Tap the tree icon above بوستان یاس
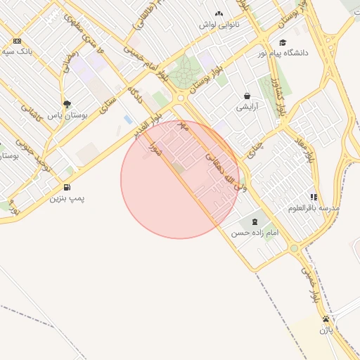point(67,104)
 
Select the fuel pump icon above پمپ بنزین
point(67,188)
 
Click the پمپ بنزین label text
point(67,199)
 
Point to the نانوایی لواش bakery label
point(219,25)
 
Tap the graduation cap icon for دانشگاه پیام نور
point(283,42)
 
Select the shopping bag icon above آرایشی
point(247,96)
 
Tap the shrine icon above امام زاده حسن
point(254,221)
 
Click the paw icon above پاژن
point(326,319)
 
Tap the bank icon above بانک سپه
point(17,41)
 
